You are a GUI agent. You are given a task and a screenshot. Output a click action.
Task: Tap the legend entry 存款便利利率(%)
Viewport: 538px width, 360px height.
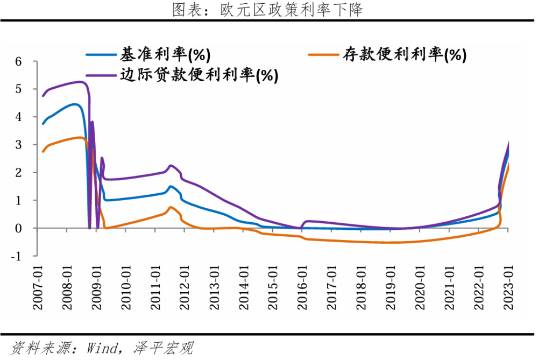(x=401, y=54)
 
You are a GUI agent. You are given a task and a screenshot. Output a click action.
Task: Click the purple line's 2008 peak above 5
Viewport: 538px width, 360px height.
(x=80, y=82)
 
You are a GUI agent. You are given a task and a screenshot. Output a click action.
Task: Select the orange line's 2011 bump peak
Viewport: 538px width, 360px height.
(x=171, y=207)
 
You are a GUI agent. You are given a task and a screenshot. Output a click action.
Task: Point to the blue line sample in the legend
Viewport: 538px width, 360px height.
(x=101, y=54)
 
